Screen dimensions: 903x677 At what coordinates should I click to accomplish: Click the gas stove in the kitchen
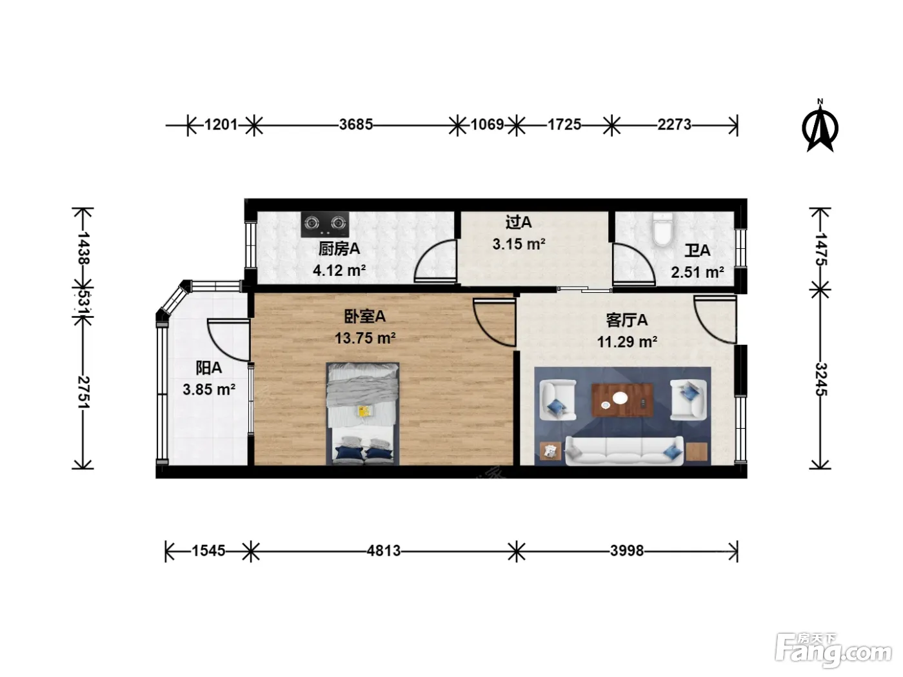pos(324,224)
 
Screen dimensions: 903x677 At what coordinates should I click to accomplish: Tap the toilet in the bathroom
pos(662,230)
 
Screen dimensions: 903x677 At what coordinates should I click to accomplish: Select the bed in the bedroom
pos(362,413)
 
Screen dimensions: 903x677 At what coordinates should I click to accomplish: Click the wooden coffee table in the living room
pos(622,400)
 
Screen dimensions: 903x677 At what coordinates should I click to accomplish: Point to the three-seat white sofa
pos(624,451)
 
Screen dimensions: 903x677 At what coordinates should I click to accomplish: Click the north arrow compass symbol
pos(820,126)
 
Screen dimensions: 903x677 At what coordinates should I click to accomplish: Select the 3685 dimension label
pos(356,124)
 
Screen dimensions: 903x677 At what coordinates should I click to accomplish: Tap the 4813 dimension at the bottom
pos(384,551)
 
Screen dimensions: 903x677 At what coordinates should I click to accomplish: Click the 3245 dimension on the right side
pos(821,379)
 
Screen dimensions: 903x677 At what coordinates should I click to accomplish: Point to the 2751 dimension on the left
pos(83,392)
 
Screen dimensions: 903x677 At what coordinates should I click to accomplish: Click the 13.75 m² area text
pos(365,338)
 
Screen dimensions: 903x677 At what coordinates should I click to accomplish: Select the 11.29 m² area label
pos(627,342)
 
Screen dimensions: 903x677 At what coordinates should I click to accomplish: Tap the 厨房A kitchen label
pos(339,249)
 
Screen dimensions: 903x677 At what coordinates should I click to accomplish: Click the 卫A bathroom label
pos(697,251)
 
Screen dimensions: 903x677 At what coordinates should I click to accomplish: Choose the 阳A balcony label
pos(208,368)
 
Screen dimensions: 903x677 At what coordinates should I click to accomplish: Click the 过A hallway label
pos(519,222)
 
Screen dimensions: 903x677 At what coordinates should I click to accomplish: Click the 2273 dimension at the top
pos(674,124)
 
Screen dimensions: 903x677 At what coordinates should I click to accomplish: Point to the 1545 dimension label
pos(208,551)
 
